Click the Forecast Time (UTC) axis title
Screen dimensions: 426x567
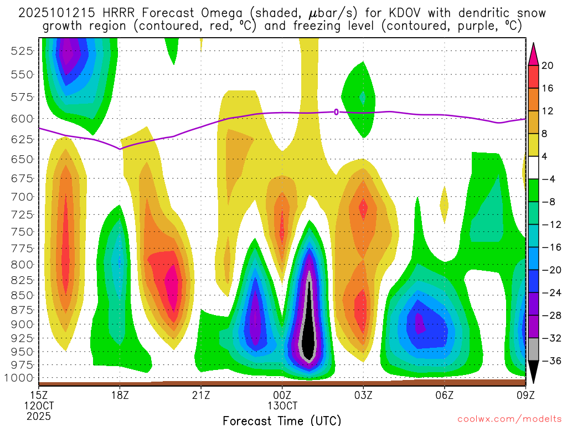tap(282, 420)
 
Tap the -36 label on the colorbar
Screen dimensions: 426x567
tap(550, 361)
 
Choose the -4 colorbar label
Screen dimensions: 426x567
tap(548, 179)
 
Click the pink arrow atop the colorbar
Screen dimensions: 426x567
tap(534, 54)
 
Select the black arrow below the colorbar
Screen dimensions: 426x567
tap(534, 373)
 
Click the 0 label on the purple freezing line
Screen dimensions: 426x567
tap(336, 112)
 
